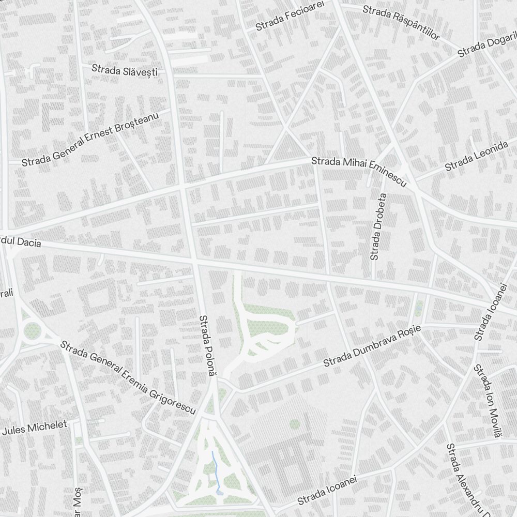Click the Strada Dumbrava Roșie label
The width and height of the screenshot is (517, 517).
pyautogui.click(x=373, y=346)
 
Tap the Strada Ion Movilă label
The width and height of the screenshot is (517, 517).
pyautogui.click(x=488, y=401)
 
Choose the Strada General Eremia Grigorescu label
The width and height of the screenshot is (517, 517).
pyautogui.click(x=128, y=377)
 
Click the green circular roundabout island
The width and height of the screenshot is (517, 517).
pyautogui.click(x=32, y=329)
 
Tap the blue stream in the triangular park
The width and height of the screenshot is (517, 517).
pyautogui.click(x=216, y=470)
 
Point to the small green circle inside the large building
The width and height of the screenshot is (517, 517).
pyautogui.click(x=295, y=424)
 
